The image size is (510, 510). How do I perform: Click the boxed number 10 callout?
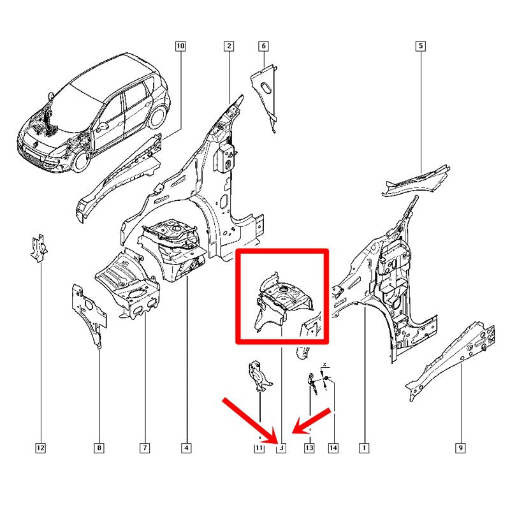[180, 46]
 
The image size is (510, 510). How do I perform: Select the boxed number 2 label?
[229, 46]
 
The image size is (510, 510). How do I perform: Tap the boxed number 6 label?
[263, 46]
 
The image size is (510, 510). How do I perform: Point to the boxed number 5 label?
[421, 46]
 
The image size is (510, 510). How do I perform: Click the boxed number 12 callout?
[40, 448]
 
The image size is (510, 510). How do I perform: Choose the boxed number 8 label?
[99, 448]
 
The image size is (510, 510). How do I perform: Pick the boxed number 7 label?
[145, 448]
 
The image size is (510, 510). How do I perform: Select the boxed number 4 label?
[186, 448]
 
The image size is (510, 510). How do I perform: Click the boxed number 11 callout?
[259, 448]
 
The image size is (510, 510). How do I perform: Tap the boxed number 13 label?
[309, 448]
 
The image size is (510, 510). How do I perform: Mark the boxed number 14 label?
[333, 448]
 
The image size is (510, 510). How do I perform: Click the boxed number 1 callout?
[364, 448]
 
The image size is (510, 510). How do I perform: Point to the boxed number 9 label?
[460, 448]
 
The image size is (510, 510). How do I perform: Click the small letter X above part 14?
[324, 364]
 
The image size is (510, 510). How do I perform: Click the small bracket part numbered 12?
[39, 248]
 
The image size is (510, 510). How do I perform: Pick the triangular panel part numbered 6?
[263, 94]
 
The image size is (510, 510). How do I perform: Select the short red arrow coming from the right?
[311, 421]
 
